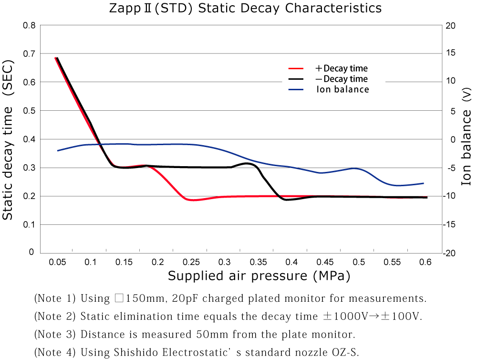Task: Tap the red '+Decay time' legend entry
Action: (x=342, y=68)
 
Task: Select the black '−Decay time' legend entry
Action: (x=342, y=79)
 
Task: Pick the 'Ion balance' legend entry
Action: (x=342, y=89)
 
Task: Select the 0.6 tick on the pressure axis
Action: (x=425, y=262)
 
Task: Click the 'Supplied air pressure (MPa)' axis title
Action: (x=259, y=276)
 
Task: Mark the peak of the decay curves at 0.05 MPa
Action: (x=56, y=58)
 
